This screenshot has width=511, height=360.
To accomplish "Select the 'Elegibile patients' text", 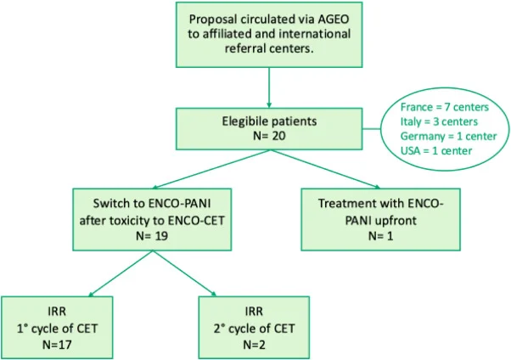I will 269,120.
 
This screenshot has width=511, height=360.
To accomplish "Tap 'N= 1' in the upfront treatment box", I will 380,234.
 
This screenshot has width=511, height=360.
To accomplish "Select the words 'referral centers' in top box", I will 269,50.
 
